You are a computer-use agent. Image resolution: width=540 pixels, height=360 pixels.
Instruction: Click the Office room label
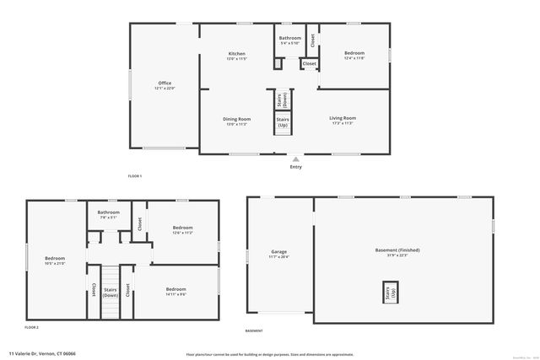(x=164, y=83)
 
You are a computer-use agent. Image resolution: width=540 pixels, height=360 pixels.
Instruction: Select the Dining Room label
(x=236, y=119)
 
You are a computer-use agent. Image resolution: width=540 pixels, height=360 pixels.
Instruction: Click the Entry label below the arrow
(x=295, y=167)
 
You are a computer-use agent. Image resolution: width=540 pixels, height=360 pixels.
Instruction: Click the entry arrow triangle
(x=295, y=159)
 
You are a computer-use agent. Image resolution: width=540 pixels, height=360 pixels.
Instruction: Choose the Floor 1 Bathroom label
(x=290, y=38)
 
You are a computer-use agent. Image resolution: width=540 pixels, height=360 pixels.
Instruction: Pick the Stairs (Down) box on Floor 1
(x=284, y=99)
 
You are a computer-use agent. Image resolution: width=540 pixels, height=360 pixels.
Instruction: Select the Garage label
(x=278, y=252)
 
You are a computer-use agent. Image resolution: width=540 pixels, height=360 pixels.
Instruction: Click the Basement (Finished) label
(x=397, y=250)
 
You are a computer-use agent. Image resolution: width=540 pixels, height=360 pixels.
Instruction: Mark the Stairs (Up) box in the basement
(x=390, y=293)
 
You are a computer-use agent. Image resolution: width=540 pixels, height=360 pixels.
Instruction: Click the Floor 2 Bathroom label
(x=108, y=212)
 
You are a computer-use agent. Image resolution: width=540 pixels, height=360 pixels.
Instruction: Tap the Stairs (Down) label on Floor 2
(x=111, y=293)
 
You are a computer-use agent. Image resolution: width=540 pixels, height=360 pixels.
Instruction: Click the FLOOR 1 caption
(x=135, y=175)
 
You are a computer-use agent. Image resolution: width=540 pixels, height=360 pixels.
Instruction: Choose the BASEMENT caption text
(x=253, y=330)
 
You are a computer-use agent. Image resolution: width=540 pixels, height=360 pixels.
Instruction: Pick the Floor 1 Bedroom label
(x=354, y=53)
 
